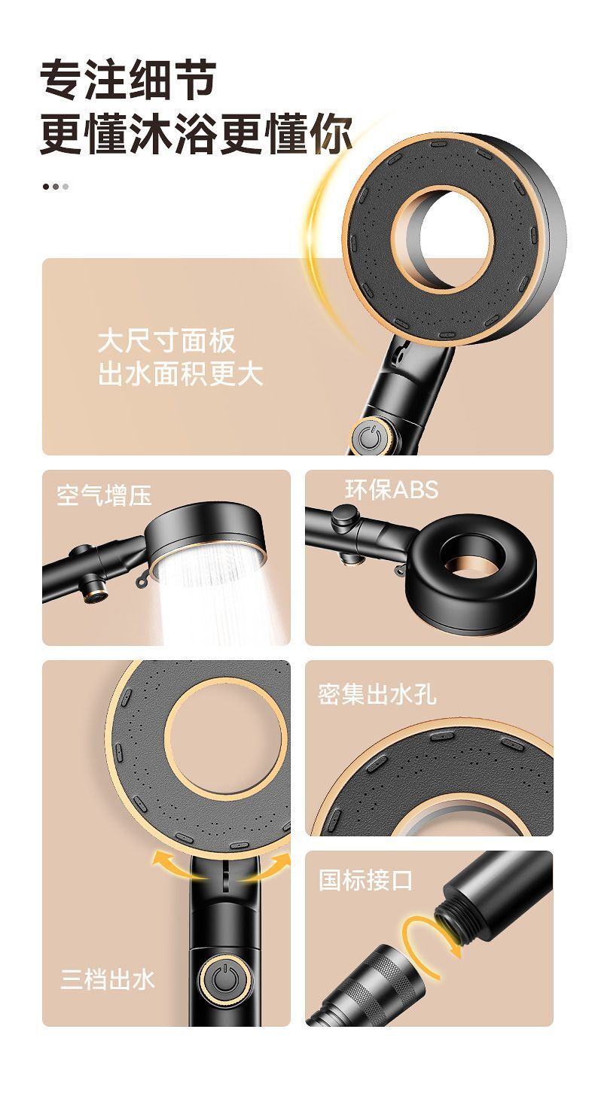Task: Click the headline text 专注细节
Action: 128,80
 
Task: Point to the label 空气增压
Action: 104,495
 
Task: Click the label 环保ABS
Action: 392,489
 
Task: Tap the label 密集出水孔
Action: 377,694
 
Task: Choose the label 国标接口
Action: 365,880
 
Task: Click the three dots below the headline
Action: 55,187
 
